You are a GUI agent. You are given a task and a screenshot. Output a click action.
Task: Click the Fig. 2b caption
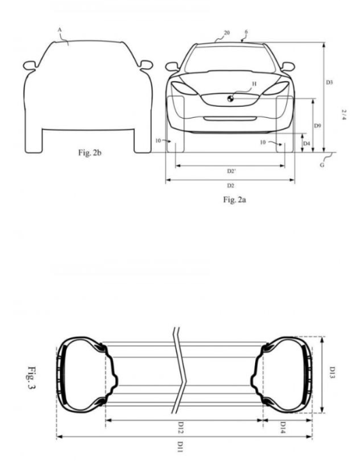90,153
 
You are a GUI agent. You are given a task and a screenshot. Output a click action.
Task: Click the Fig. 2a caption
234,200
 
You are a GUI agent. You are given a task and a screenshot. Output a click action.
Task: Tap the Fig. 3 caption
31,378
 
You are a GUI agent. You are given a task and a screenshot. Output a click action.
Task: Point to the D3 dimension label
329,82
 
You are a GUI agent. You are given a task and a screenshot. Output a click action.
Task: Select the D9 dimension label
317,125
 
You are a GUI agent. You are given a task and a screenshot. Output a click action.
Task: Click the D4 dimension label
306,143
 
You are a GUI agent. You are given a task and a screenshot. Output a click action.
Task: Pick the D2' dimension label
231,171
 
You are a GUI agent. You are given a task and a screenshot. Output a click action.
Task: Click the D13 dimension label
332,373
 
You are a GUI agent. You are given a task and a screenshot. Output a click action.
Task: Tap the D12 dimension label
181,428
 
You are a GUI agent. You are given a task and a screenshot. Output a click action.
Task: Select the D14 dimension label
282,428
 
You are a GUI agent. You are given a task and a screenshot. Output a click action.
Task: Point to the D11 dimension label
180,447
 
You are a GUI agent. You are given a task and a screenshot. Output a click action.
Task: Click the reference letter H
254,84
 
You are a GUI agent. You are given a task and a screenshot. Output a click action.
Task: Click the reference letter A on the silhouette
59,30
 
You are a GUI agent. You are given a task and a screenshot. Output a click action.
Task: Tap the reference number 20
227,32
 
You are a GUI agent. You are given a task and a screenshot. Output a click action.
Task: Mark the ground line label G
322,165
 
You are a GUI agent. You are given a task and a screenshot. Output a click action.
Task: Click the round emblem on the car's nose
230,98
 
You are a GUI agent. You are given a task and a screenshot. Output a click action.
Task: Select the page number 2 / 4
344,114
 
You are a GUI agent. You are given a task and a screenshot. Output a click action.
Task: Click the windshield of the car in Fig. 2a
230,59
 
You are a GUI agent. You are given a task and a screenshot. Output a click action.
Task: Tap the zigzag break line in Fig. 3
180,370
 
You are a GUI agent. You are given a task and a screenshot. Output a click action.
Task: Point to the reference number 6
246,31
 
